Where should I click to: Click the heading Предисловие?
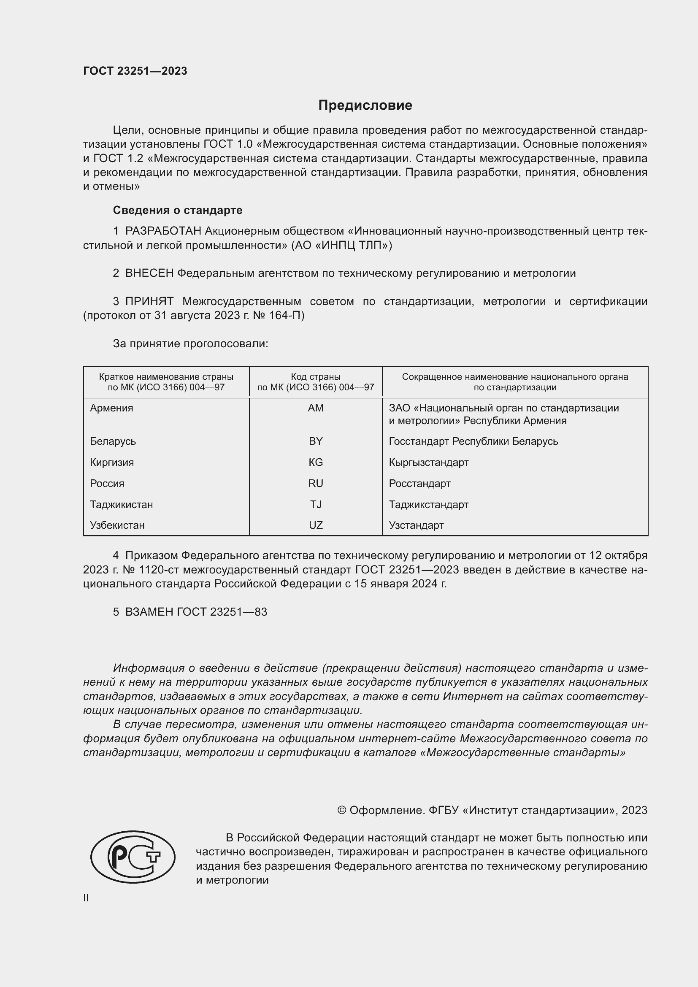(x=365, y=105)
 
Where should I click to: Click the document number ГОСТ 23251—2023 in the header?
(x=135, y=71)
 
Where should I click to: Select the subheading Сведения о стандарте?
(x=178, y=210)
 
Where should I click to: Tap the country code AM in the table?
(x=316, y=408)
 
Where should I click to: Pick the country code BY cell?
(x=316, y=441)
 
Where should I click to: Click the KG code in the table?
(x=316, y=462)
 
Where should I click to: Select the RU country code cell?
(x=316, y=484)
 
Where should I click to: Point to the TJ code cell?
(x=316, y=505)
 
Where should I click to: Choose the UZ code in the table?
(x=316, y=525)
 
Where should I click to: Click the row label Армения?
(x=111, y=408)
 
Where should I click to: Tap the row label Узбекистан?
(x=117, y=525)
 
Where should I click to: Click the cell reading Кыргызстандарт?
(x=428, y=462)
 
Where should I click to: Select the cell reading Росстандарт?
(x=419, y=484)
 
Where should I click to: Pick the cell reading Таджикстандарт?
(x=428, y=505)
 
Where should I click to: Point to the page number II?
(x=86, y=898)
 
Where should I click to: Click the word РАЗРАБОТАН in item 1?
(x=163, y=231)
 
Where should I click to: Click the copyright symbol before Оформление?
(x=342, y=810)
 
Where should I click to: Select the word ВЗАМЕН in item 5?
(x=149, y=612)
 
